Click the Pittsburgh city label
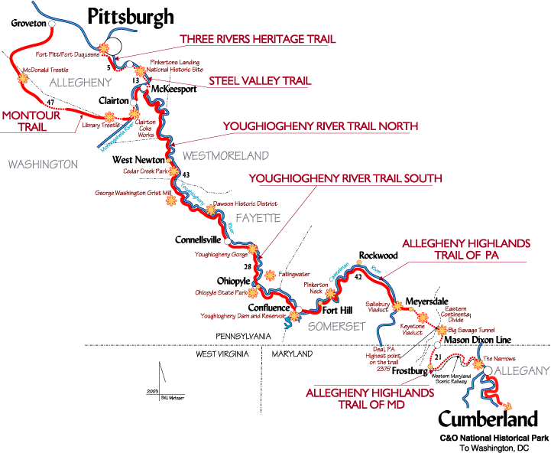131,15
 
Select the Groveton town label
29,24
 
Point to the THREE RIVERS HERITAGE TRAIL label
258,39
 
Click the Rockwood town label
378,256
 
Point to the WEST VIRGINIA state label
223,355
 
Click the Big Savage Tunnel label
473,330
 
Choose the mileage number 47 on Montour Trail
50,103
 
